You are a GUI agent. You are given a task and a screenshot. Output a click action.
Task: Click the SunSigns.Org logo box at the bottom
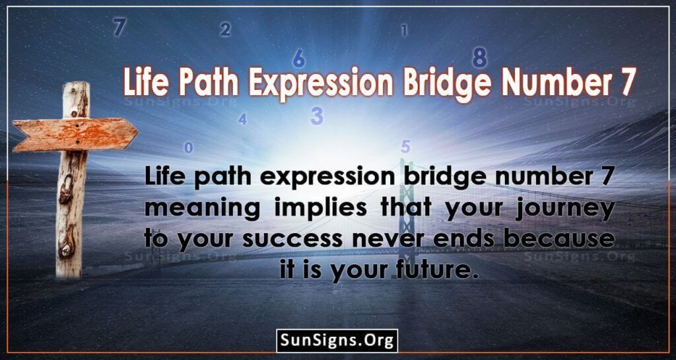(x=337, y=341)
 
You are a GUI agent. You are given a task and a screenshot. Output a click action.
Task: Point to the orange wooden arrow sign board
(x=75, y=134)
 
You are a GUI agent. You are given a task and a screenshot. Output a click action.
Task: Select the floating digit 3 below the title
(x=317, y=116)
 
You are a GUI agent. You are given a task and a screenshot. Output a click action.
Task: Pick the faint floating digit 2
(x=225, y=29)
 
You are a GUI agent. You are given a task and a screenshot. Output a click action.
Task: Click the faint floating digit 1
(x=404, y=30)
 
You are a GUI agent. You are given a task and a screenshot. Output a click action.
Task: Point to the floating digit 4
(x=242, y=118)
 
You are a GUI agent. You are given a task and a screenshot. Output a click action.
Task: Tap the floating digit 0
(x=188, y=148)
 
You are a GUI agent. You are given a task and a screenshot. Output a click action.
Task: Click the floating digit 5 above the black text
(x=405, y=147)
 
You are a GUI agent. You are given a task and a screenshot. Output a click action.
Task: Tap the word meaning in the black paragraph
(x=202, y=209)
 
